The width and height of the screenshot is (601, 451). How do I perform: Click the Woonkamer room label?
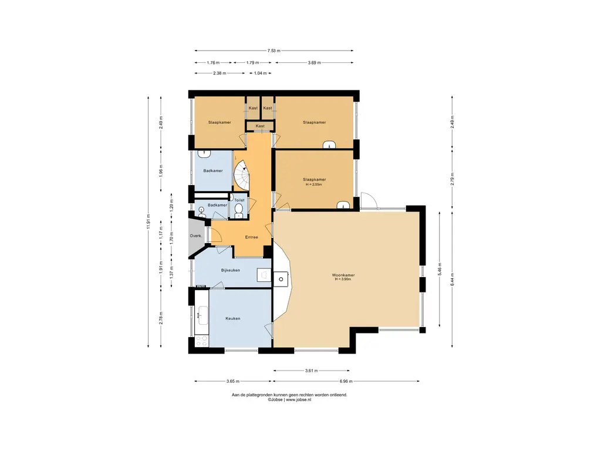coord(343,275)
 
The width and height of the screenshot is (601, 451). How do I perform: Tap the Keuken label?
coord(232,318)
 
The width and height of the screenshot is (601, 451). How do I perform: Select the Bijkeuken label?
coord(230,270)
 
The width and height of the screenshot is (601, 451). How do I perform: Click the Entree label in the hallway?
coord(251,237)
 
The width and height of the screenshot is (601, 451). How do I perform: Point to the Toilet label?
coord(239,200)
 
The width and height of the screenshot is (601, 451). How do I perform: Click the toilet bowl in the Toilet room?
coord(238,210)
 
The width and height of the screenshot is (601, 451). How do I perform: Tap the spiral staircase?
coord(242,175)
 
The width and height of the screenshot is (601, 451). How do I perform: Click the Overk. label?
coord(196,236)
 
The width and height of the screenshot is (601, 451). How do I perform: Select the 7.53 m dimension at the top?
coord(274,51)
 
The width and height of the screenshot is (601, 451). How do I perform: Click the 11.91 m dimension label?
coord(148,221)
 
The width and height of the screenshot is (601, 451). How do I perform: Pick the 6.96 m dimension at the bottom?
coord(346,381)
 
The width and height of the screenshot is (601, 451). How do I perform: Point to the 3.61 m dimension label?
coord(311,371)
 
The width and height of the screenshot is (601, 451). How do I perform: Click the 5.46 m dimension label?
coord(440,269)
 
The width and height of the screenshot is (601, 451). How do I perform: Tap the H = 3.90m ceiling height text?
coord(343,279)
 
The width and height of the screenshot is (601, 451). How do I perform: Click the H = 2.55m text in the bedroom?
coord(314,184)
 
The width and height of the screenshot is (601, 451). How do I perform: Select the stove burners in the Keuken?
coord(201,341)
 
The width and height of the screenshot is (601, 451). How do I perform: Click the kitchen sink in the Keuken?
coord(202,315)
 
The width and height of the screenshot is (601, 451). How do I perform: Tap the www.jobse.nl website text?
coord(298,399)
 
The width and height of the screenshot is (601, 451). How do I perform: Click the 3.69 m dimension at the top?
coord(315,62)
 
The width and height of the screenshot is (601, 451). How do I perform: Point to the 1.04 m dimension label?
coord(260,73)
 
